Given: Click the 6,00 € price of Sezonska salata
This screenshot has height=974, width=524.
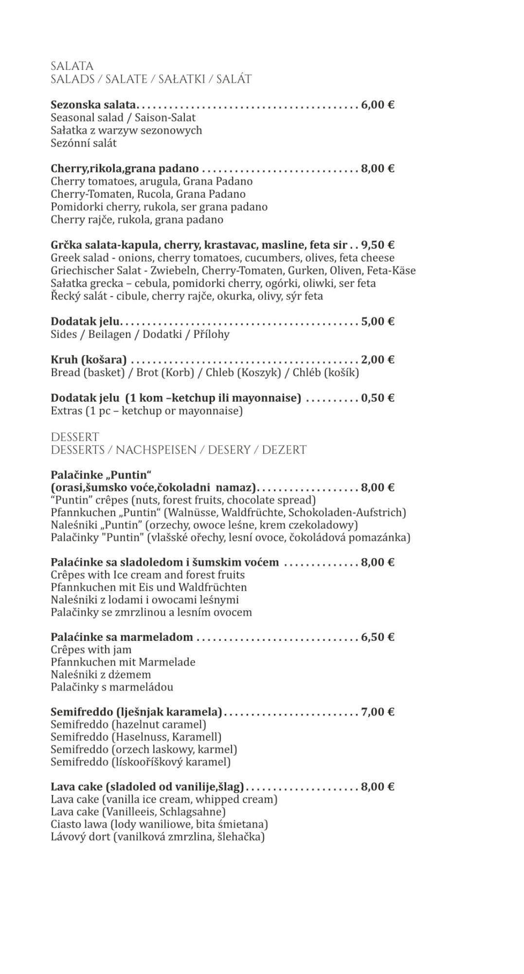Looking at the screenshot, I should click(x=377, y=105).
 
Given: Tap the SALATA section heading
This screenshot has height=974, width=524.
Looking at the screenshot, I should click(x=72, y=66).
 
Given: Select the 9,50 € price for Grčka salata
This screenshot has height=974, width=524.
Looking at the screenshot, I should click(x=377, y=245).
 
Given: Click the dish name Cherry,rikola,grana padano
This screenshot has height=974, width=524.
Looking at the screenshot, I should click(x=125, y=169).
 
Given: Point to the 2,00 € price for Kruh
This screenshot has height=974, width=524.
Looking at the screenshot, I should click(x=377, y=360).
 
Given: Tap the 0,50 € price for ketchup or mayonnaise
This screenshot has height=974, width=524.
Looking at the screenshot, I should click(x=377, y=398).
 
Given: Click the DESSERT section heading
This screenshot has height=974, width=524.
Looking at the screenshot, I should click(x=74, y=437).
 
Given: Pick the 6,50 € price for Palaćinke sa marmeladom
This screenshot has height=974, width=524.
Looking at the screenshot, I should click(x=377, y=637).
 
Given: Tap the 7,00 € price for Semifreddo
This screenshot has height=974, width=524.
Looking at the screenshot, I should click(x=377, y=712).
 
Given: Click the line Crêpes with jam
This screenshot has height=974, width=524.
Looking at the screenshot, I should click(x=91, y=650).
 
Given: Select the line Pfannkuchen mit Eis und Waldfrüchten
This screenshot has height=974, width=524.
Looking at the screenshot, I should click(x=148, y=587).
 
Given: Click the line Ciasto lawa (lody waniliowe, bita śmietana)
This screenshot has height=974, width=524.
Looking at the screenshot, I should click(x=159, y=824).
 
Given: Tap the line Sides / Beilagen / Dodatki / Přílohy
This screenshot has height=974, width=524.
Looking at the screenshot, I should click(x=140, y=334).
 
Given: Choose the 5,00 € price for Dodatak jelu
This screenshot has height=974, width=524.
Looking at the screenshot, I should click(x=377, y=321).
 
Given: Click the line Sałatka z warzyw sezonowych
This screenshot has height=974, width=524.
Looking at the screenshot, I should click(x=126, y=130).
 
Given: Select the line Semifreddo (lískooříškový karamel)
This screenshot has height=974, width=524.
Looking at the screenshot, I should click(x=140, y=762).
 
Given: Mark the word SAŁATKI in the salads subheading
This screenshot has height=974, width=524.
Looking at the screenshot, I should click(x=181, y=79).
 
